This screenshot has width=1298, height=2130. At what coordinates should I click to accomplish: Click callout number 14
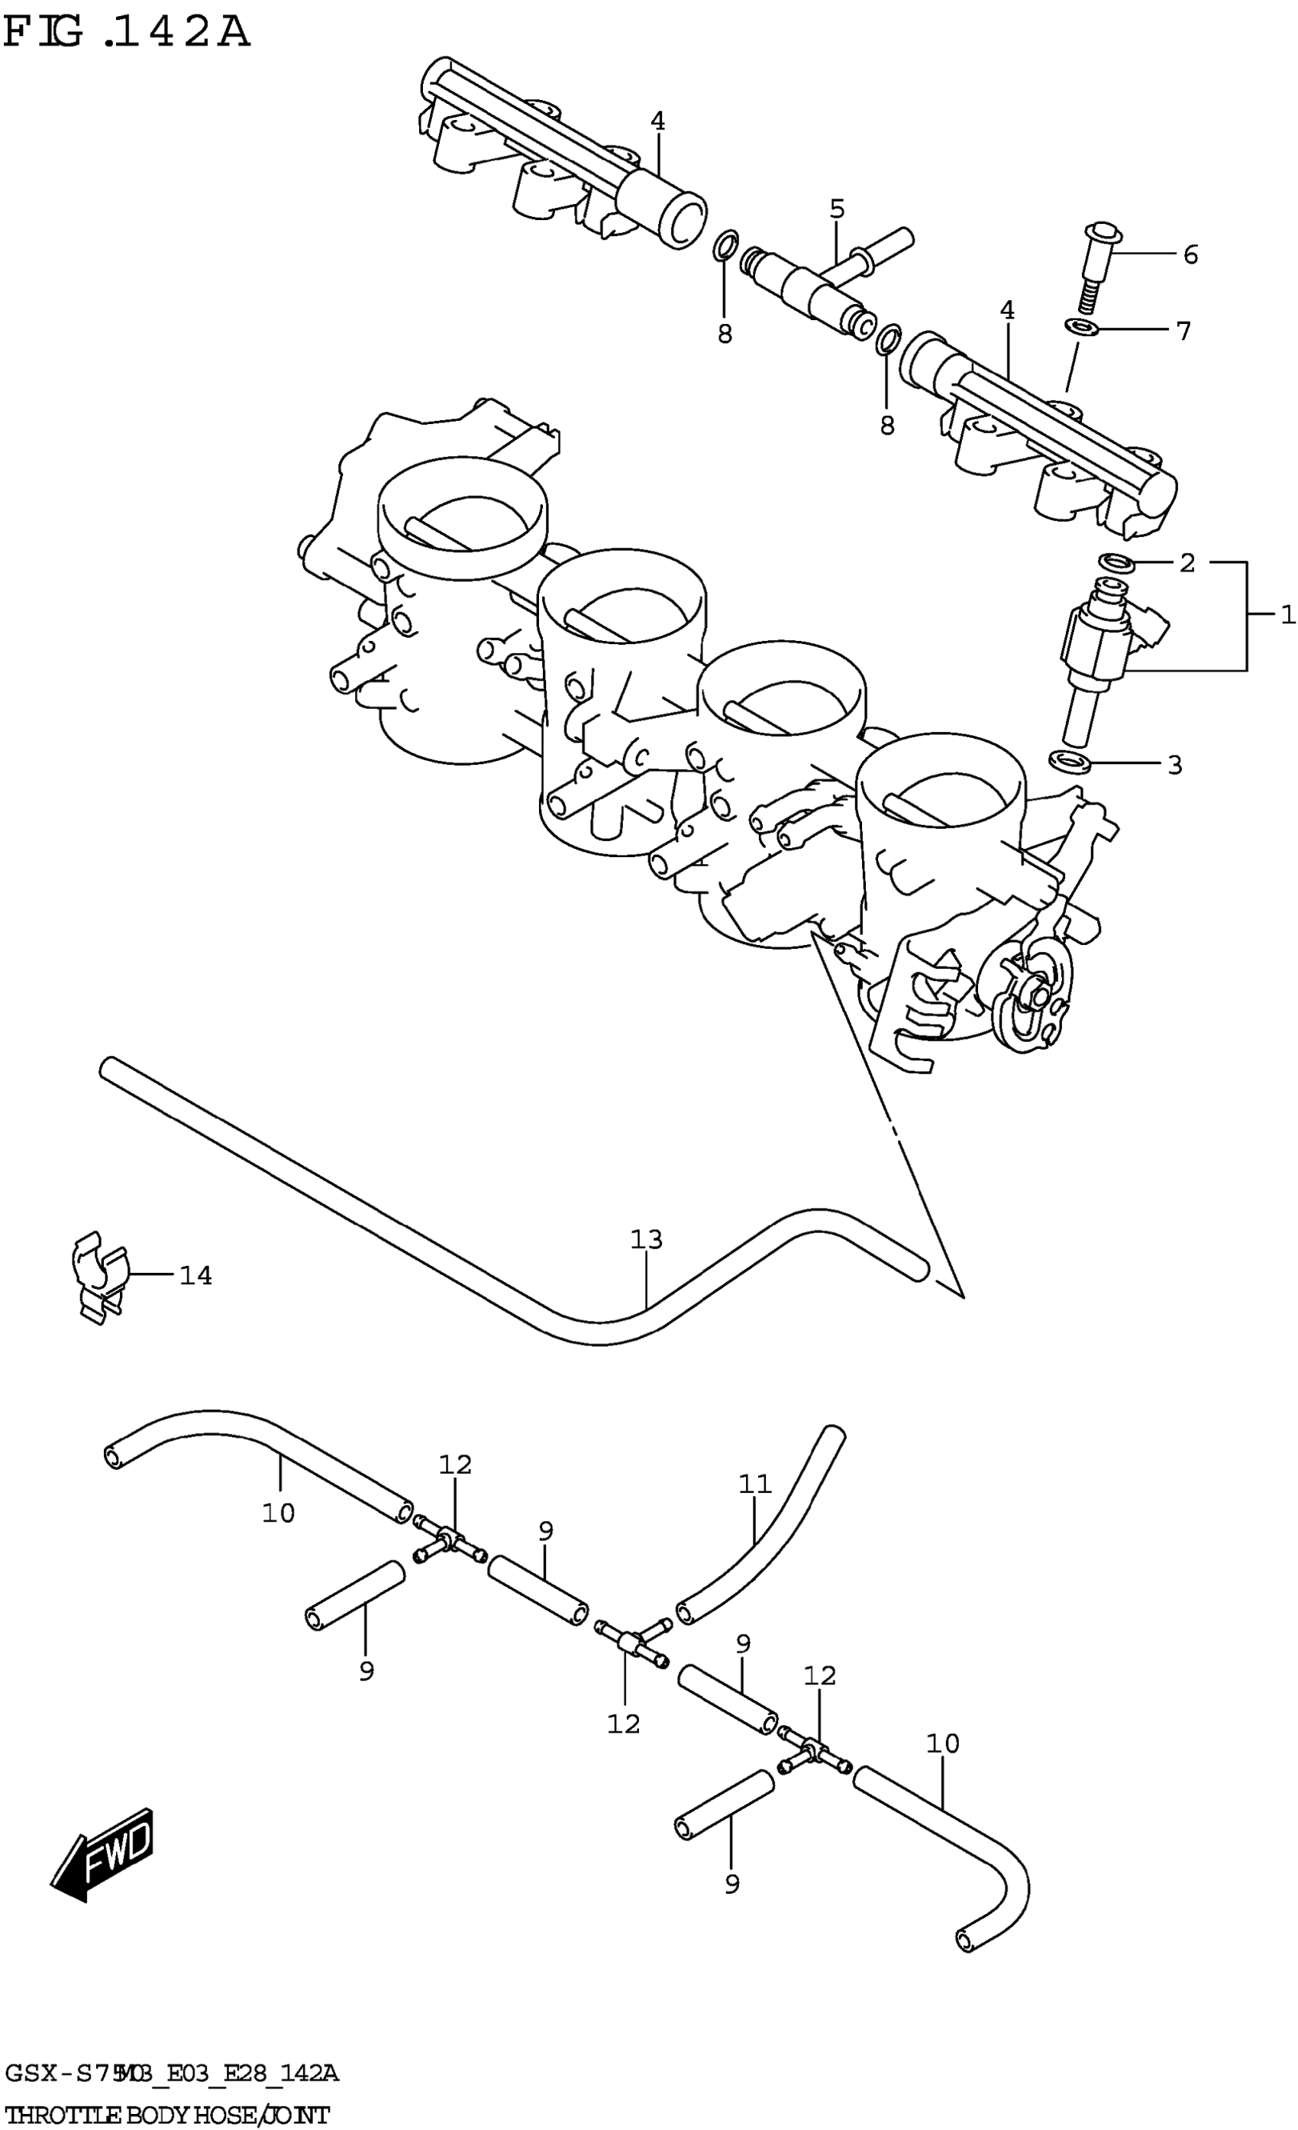(x=195, y=1275)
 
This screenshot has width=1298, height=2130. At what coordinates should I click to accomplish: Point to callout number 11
(x=754, y=1484)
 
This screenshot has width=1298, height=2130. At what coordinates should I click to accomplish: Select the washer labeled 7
(x=1080, y=328)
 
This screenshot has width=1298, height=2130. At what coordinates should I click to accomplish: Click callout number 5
(x=837, y=209)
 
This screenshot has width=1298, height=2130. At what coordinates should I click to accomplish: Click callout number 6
(x=1190, y=254)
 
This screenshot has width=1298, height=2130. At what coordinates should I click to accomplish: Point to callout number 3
(x=1174, y=764)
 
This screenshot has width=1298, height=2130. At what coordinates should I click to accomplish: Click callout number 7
(x=1183, y=330)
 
